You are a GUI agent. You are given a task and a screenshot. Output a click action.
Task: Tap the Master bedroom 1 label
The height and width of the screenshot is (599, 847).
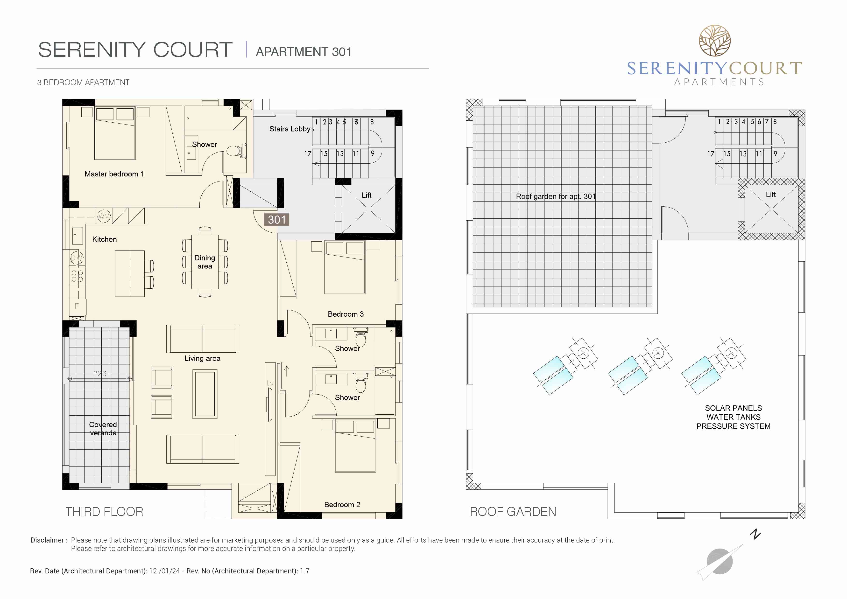[114, 174]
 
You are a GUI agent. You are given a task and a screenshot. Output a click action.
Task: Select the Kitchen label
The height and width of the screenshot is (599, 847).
[104, 239]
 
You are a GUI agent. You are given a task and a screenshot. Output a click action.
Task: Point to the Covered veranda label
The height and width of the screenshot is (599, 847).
[103, 429]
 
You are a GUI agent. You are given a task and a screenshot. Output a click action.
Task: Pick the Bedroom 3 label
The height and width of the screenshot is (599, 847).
[346, 314]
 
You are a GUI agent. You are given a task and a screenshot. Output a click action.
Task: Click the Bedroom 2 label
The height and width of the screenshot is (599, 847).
[342, 505]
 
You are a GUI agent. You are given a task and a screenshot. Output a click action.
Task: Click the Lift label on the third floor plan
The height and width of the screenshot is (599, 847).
[366, 195]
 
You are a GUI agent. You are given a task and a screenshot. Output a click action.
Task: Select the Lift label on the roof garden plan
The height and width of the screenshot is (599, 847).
[771, 194]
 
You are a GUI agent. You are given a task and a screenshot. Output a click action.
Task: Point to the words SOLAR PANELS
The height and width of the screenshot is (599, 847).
[733, 408]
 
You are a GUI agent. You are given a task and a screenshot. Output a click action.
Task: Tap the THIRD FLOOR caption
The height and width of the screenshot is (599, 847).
[104, 512]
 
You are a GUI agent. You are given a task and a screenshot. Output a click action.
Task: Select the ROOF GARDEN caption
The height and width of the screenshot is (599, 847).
[513, 512]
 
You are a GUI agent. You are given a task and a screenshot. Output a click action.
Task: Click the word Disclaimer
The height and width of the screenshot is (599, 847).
[47, 540]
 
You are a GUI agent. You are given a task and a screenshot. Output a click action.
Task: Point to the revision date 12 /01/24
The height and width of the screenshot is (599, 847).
[164, 571]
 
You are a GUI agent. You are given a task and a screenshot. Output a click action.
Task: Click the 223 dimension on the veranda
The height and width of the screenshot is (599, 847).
[100, 374]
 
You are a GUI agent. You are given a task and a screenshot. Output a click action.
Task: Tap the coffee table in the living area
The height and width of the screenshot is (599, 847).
[205, 394]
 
